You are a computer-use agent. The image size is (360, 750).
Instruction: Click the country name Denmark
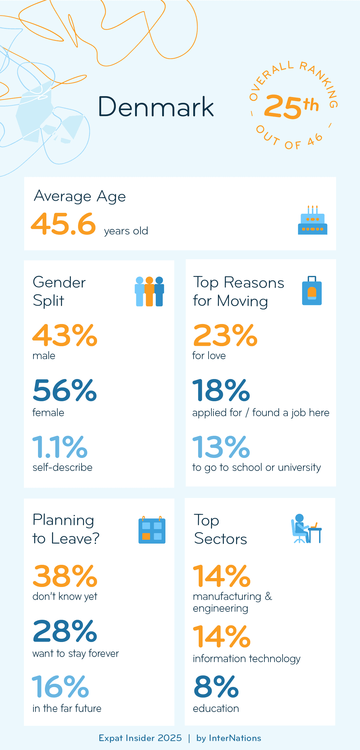[x=156, y=107]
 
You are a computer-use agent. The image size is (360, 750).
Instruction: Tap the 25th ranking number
[x=291, y=107]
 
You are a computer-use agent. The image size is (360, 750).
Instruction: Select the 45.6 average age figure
[x=63, y=224]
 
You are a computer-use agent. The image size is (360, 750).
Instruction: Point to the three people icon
[x=149, y=291]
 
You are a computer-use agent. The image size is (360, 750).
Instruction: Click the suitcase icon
[x=312, y=291]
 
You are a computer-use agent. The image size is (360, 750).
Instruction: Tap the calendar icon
[x=151, y=530]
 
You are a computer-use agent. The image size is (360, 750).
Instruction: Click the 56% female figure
[x=65, y=390]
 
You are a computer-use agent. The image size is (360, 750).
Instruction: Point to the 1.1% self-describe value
[x=60, y=447]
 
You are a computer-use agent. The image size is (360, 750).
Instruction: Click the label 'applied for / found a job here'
[x=260, y=412]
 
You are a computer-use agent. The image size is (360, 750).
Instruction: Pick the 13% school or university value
[x=221, y=447]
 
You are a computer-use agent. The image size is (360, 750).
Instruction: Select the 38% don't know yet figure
[x=65, y=576]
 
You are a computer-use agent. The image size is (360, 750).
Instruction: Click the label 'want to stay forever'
[x=76, y=653]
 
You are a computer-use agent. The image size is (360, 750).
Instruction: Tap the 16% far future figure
[x=60, y=687]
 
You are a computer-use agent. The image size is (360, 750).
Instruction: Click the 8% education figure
[x=216, y=687]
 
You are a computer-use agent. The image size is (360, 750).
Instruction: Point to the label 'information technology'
[x=247, y=659]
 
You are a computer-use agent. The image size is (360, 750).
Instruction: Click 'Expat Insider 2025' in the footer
[x=140, y=738]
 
